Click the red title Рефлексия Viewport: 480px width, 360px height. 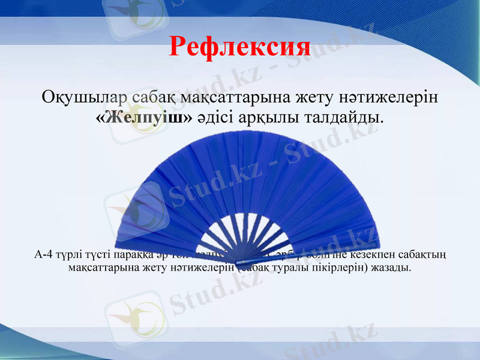239,46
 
